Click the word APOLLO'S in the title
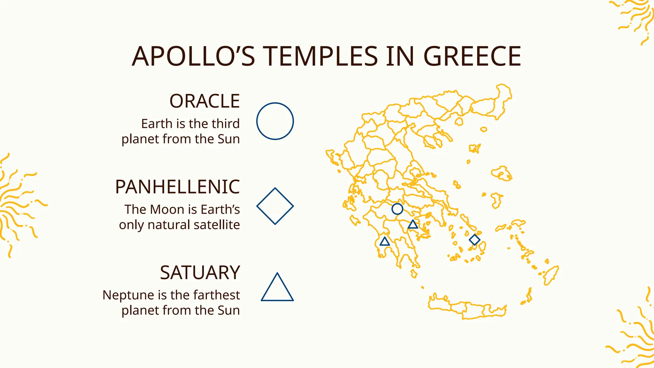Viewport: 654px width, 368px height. click(x=193, y=57)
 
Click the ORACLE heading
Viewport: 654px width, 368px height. click(x=204, y=101)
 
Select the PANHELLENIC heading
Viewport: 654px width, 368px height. click(x=177, y=187)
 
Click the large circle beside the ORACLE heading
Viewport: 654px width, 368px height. click(x=275, y=121)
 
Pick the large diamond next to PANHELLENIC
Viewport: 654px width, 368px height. click(x=275, y=206)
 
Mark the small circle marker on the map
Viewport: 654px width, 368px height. click(x=397, y=209)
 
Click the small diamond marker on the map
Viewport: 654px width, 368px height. click(x=475, y=240)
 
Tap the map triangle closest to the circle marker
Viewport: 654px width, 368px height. click(x=413, y=225)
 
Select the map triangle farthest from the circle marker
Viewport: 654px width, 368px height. click(x=385, y=241)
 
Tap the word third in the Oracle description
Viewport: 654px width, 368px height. click(x=226, y=124)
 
